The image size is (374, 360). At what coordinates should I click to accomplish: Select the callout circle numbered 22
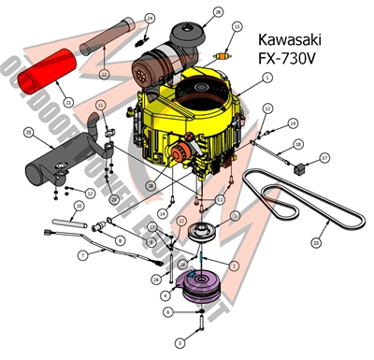(x=105, y=73)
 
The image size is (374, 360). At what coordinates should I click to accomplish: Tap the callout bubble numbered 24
(x=149, y=19)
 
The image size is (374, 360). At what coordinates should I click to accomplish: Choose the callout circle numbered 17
(x=324, y=158)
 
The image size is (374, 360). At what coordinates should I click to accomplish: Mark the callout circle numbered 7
(x=83, y=254)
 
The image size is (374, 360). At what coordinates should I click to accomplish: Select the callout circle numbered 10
(x=79, y=206)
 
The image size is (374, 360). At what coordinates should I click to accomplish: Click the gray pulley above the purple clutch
(x=199, y=234)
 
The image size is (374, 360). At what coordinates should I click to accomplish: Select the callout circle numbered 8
(x=119, y=241)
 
